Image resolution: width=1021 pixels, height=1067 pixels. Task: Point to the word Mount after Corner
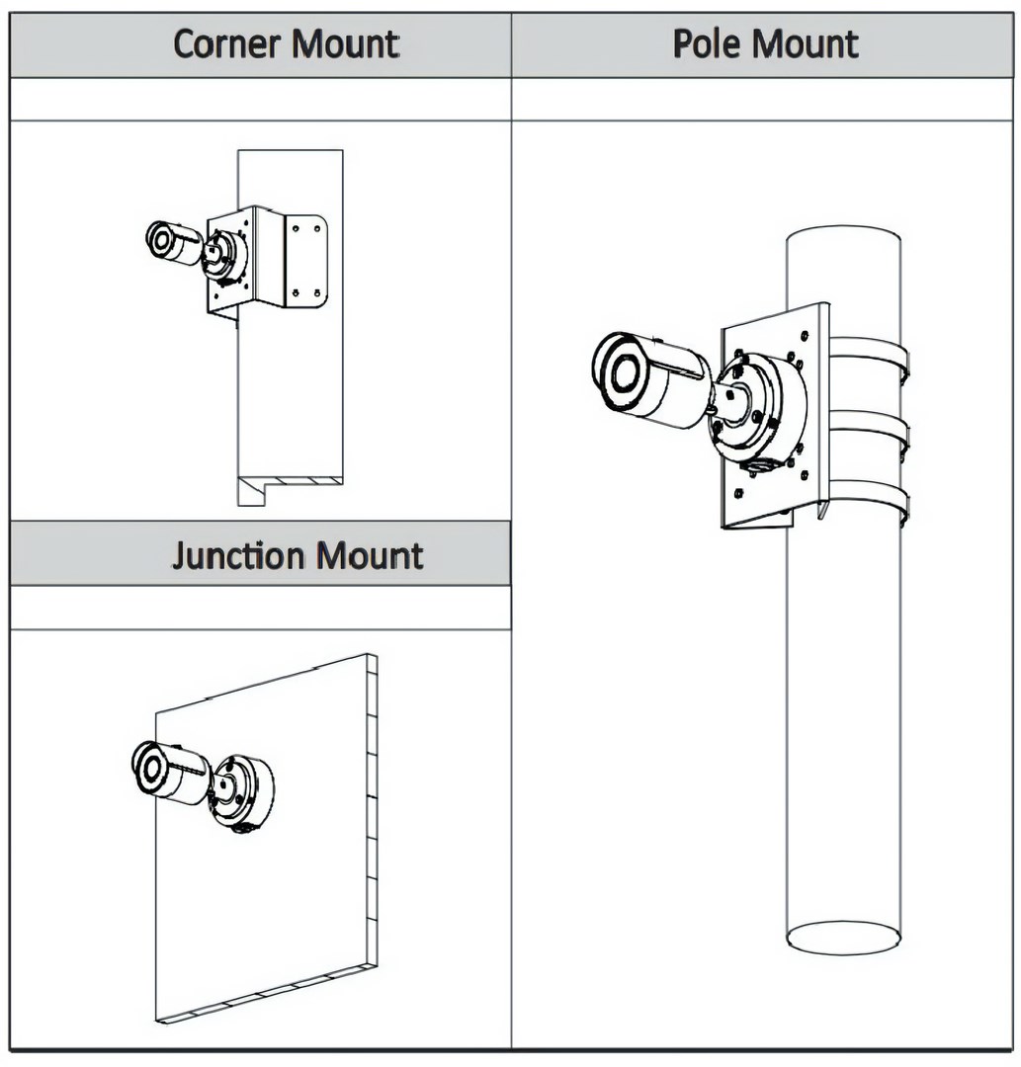pos(350,44)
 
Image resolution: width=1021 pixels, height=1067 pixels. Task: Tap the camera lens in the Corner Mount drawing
pos(161,239)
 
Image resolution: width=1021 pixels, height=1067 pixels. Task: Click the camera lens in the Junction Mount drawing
pos(150,767)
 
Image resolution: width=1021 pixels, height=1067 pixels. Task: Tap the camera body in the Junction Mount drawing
pos(184,776)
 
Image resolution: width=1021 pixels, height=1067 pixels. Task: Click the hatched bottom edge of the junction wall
pos(267,992)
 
